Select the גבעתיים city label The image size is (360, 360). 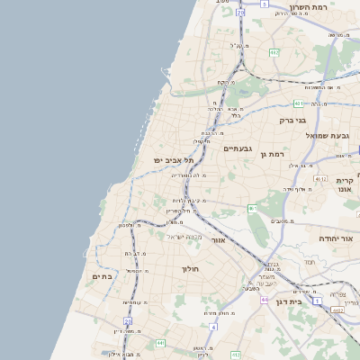pyautogui.click(x=238, y=148)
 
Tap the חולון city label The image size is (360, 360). pyautogui.click(x=190, y=268)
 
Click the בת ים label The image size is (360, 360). pyautogui.click(x=102, y=276)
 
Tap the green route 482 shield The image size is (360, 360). pyautogui.click(x=274, y=53)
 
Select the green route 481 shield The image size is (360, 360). pyautogui.click(x=298, y=103)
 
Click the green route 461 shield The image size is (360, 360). pyautogui.click(x=253, y=209)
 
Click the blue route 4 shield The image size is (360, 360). pyautogui.click(x=213, y=326)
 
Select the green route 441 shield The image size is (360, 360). pyautogui.click(x=160, y=343)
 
